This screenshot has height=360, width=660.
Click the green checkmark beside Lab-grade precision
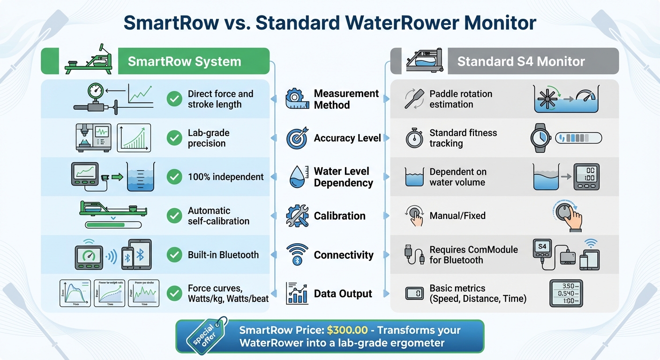174,138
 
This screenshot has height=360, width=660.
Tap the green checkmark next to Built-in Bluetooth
174,255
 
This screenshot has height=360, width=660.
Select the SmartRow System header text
184,61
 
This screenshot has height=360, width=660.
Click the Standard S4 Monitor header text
521,61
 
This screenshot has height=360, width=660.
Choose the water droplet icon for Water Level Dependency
297,177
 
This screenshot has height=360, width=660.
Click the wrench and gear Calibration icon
297,216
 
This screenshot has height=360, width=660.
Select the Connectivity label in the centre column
344,255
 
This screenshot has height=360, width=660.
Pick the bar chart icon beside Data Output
297,293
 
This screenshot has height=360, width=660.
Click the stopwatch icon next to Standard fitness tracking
414,138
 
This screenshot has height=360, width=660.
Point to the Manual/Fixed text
457,216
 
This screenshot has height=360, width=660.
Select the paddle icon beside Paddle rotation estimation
414,99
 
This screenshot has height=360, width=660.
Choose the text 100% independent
225,177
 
